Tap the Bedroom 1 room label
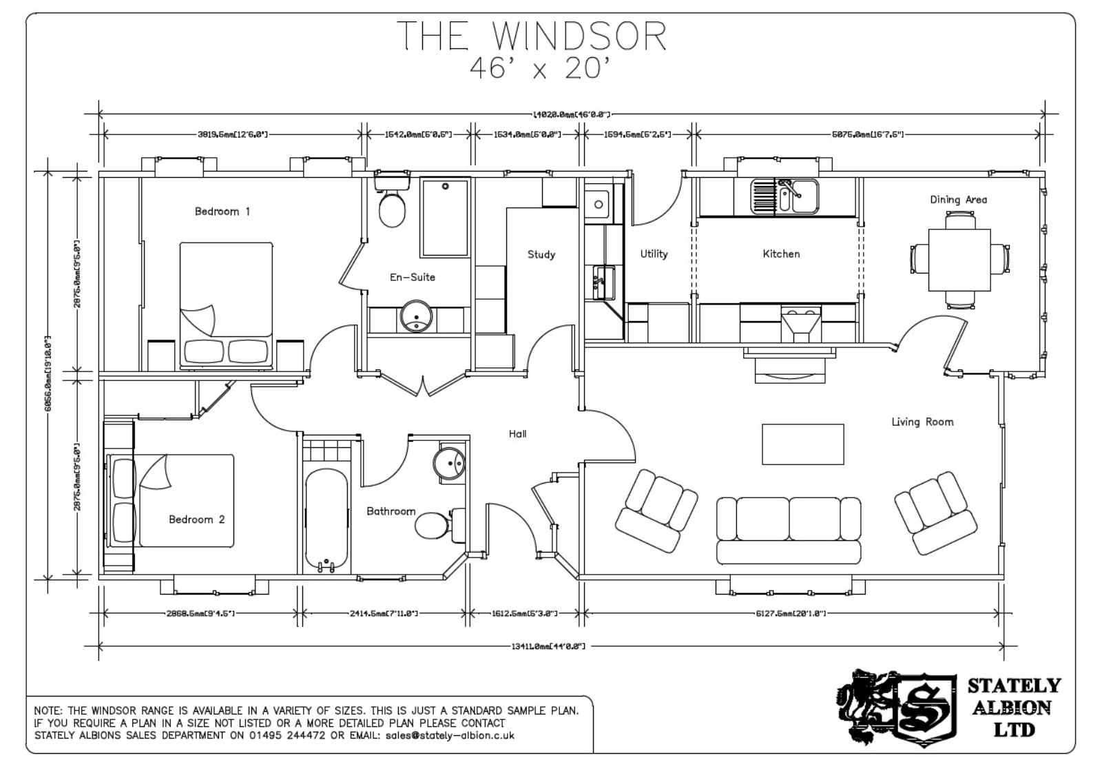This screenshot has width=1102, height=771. (222, 212)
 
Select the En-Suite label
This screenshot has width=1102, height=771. (412, 277)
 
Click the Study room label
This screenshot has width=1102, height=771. (541, 254)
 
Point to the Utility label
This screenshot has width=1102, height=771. (653, 254)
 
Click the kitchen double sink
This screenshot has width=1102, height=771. (785, 196)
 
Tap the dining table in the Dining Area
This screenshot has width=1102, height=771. (959, 260)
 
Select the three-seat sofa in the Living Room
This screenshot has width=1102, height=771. (789, 529)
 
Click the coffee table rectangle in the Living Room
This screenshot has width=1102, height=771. (802, 444)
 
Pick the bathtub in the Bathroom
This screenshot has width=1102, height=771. (326, 520)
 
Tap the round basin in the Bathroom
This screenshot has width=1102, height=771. (450, 462)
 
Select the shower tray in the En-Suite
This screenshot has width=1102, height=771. (445, 217)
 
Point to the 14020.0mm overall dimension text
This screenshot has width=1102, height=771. (571, 114)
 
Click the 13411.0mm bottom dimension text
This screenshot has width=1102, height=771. (548, 646)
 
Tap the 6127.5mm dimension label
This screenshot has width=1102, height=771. (790, 613)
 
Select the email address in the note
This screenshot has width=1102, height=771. (450, 735)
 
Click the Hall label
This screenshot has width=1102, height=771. (517, 433)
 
